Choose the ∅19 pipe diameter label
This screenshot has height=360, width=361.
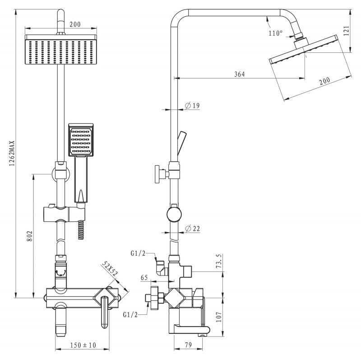tap(192, 106)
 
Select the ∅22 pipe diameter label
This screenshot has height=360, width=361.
tap(193, 229)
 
